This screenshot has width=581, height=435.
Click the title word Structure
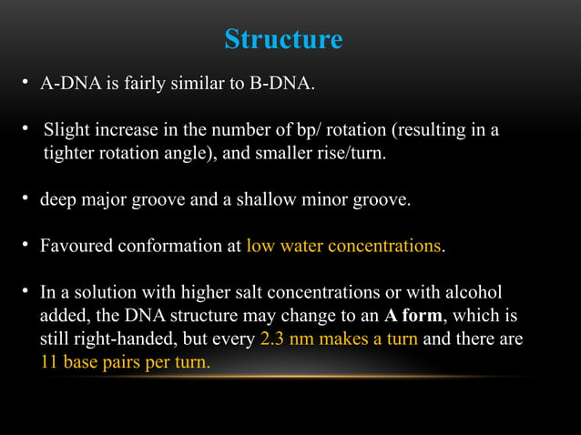click(x=283, y=40)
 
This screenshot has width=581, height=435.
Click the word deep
click(x=56, y=199)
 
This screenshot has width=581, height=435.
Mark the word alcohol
click(x=470, y=292)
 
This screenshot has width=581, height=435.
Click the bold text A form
click(x=415, y=316)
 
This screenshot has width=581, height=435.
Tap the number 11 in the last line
click(x=48, y=362)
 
